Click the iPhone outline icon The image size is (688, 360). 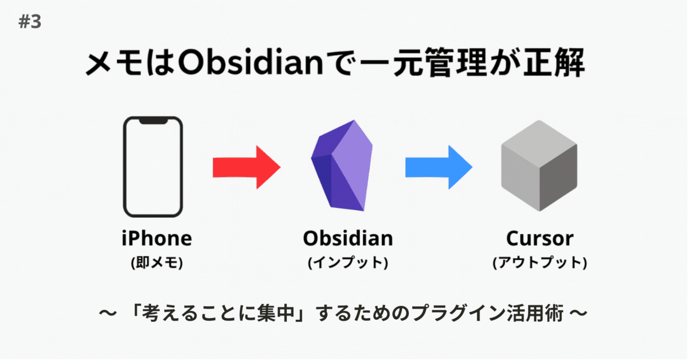click(x=153, y=167)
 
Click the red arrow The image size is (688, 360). click(x=246, y=167)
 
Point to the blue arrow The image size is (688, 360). click(x=438, y=167)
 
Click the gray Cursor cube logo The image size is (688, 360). click(x=539, y=165)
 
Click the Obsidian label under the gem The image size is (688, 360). click(x=347, y=238)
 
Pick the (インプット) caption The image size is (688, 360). click(x=347, y=263)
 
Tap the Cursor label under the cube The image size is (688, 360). click(x=540, y=238)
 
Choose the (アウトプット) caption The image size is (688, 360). click(x=540, y=263)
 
